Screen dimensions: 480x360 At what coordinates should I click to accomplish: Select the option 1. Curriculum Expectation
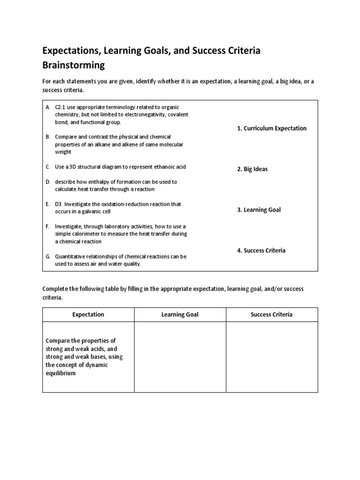click(x=272, y=128)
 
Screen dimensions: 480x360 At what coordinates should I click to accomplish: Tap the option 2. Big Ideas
click(x=252, y=169)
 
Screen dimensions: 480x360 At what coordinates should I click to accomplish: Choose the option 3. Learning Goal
click(x=259, y=210)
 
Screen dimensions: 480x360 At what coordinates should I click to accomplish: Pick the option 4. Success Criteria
click(x=261, y=251)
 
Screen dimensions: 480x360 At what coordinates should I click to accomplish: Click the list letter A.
click(x=48, y=107)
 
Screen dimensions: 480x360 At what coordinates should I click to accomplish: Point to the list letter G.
click(x=48, y=256)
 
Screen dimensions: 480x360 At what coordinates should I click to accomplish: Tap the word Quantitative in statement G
click(x=71, y=256)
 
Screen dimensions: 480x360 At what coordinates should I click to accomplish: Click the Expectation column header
click(x=88, y=315)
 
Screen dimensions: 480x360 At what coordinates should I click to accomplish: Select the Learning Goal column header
click(x=180, y=315)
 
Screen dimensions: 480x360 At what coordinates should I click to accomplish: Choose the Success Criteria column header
click(x=272, y=315)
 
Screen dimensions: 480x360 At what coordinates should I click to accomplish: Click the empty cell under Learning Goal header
click(x=180, y=357)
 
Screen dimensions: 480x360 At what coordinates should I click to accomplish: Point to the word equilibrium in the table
click(x=60, y=374)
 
